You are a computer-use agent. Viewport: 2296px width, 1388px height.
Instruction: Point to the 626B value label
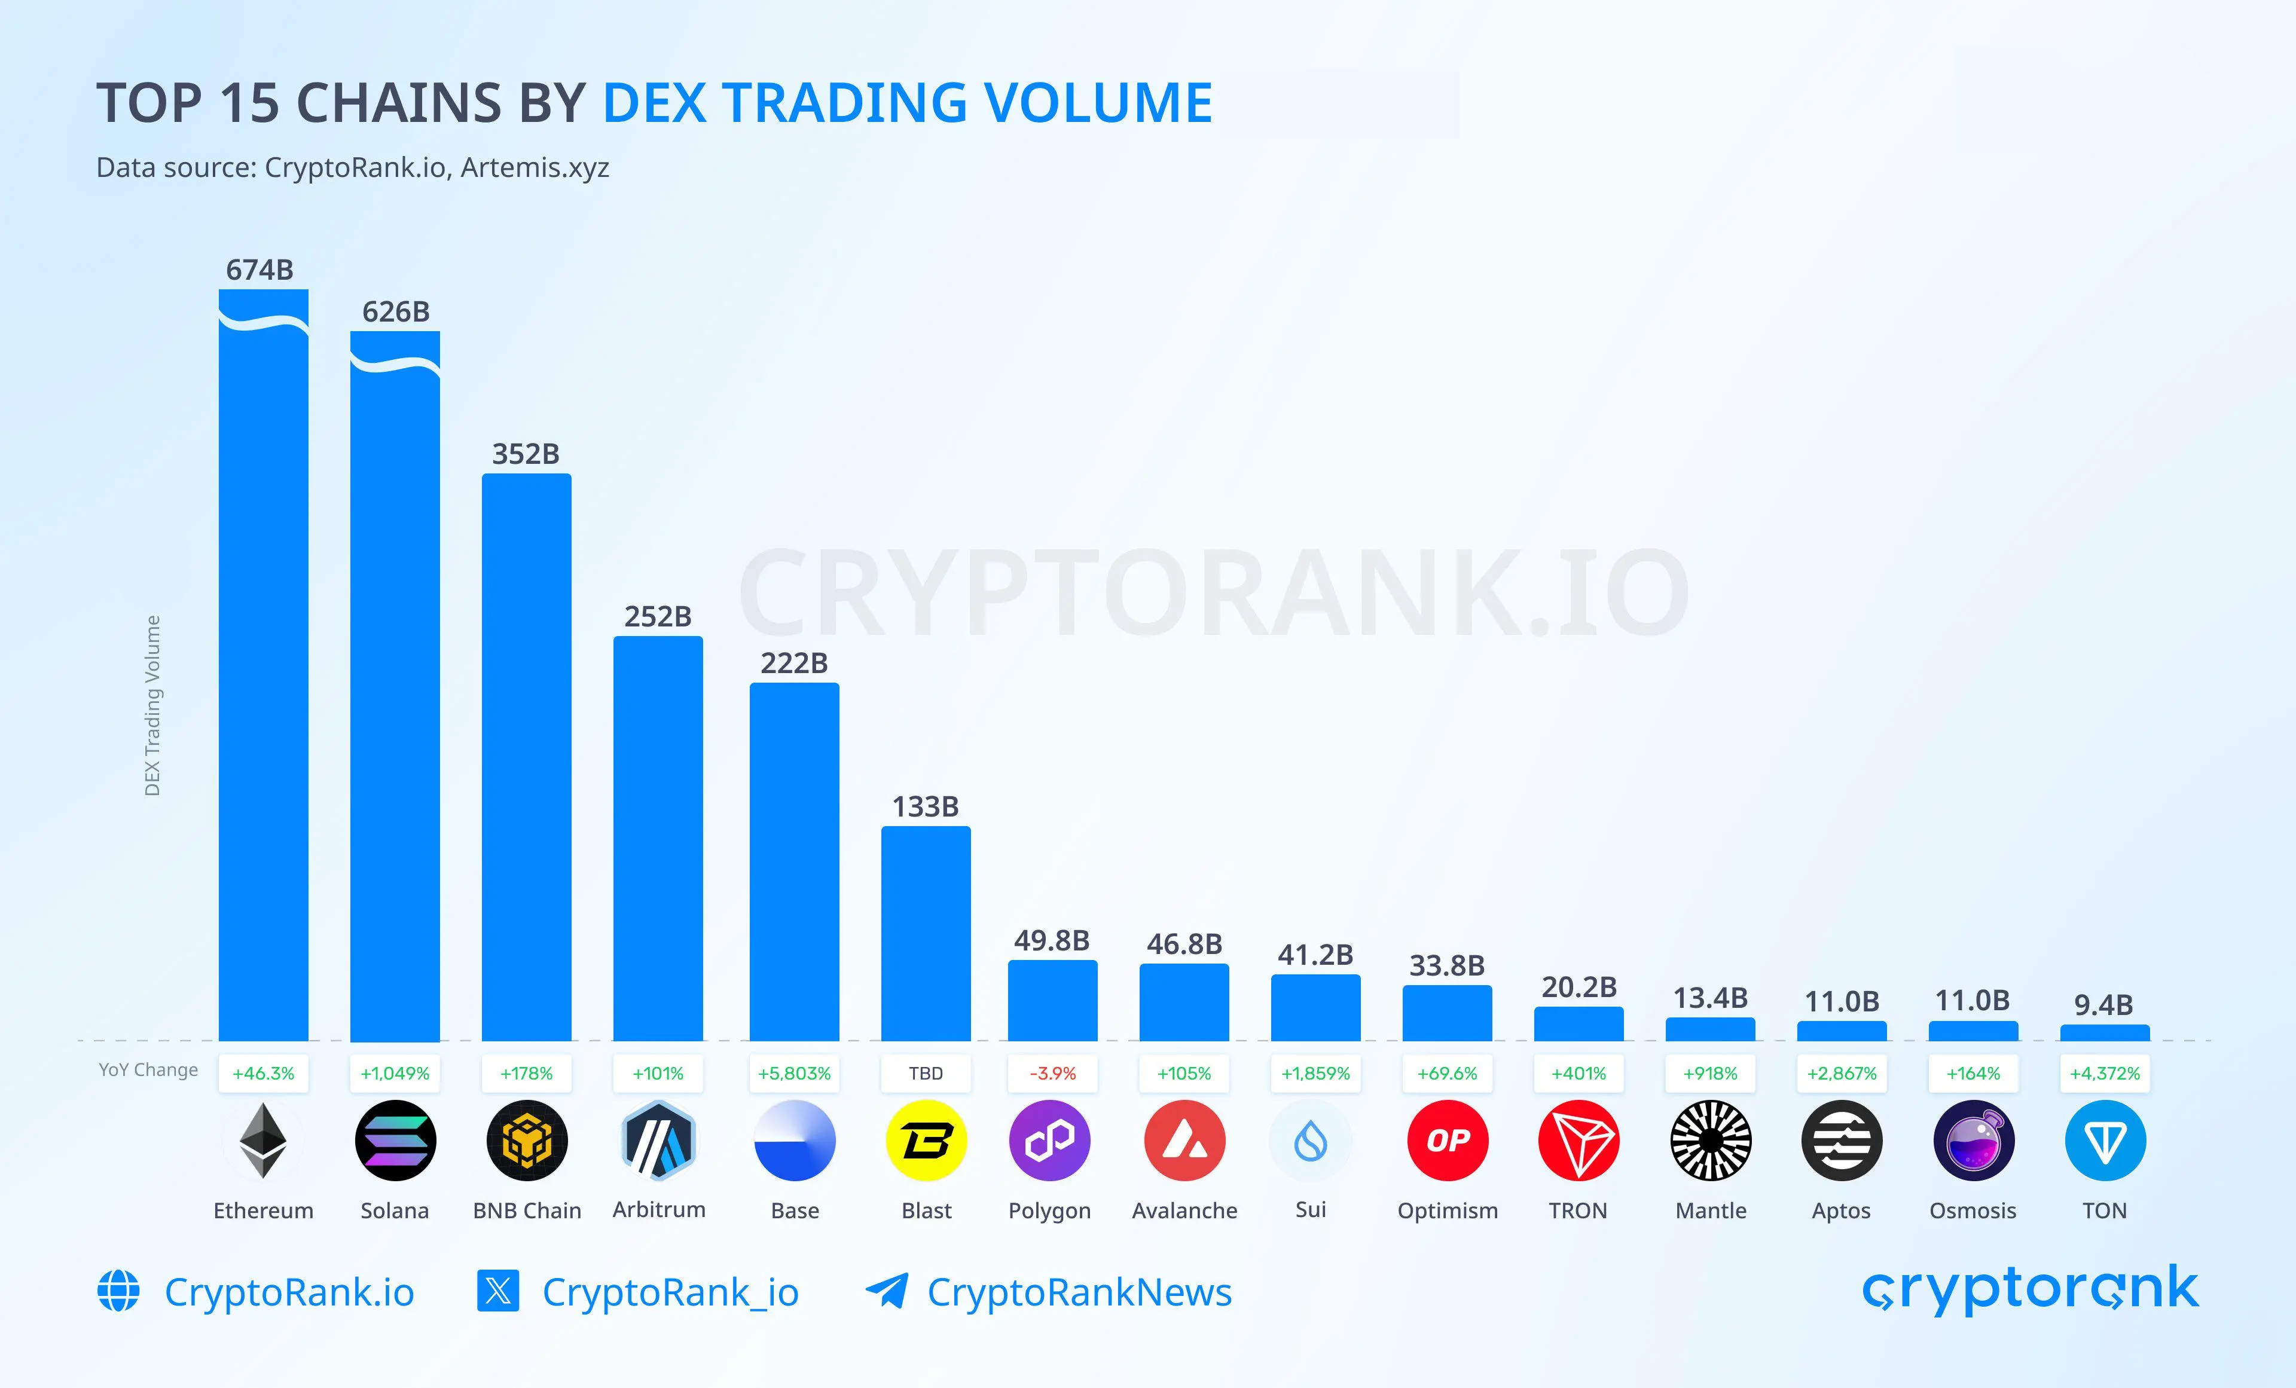(396, 311)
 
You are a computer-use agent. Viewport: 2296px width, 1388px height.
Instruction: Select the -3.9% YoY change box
(1052, 1073)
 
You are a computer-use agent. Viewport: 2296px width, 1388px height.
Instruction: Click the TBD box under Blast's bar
(926, 1073)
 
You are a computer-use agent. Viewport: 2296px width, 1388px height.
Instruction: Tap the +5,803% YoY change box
(794, 1073)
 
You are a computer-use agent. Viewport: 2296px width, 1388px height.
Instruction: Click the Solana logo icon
(395, 1140)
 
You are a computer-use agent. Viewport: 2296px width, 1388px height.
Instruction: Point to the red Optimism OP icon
(1447, 1140)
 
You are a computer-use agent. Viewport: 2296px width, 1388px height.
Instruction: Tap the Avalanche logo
(1184, 1140)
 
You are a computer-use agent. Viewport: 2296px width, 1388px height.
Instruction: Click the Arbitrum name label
(659, 1209)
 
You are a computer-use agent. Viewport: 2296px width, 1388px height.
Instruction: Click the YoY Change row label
(148, 1069)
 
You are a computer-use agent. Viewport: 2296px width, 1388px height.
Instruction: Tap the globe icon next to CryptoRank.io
(118, 1291)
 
